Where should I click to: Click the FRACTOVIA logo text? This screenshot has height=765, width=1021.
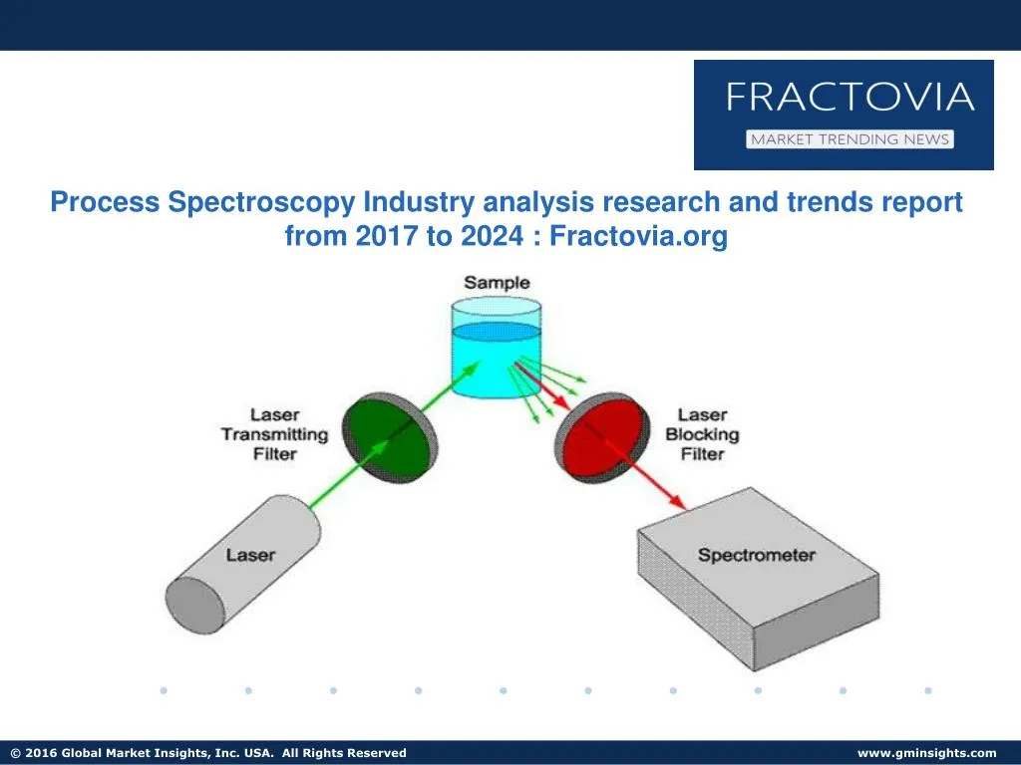point(849,98)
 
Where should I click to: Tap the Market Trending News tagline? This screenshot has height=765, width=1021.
point(850,139)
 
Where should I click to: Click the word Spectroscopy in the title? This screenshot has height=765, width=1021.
point(261,202)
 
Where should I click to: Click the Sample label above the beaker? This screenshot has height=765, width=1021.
point(497,283)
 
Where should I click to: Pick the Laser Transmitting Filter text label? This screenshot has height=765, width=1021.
point(274,433)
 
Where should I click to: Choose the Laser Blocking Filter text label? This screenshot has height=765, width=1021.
point(702,433)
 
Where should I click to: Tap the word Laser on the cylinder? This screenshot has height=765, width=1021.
point(250,554)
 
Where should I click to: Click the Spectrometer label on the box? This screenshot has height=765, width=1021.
point(756,555)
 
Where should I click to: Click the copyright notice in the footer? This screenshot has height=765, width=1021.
point(207,753)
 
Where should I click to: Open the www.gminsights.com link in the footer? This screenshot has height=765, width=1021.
point(926,753)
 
